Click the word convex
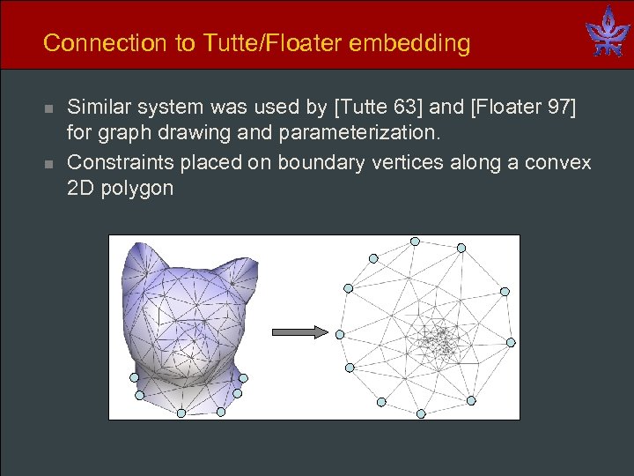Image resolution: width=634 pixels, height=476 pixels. [562, 163]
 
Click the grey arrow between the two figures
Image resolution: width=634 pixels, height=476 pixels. [299, 332]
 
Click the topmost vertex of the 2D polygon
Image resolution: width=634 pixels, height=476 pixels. [415, 241]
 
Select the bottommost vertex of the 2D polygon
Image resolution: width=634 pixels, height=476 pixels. [421, 413]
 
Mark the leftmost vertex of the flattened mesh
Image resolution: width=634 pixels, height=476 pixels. [341, 334]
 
